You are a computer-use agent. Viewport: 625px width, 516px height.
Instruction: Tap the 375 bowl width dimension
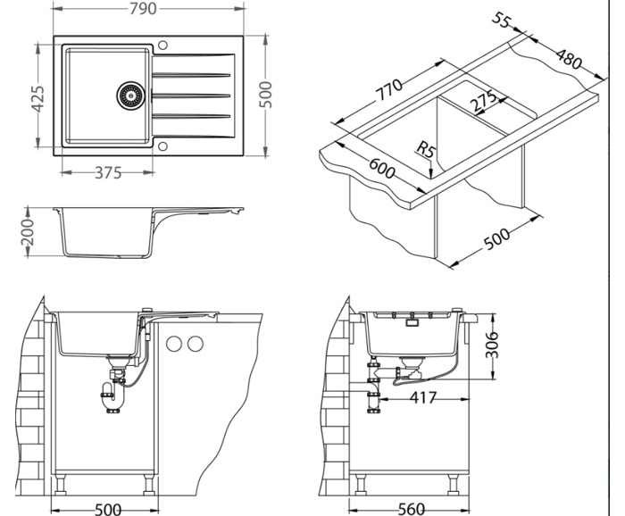[107, 173]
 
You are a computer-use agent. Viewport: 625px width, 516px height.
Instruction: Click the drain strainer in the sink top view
[129, 94]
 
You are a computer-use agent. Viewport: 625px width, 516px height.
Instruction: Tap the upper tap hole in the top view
[162, 44]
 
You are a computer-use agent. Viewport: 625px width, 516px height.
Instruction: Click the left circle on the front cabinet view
[176, 344]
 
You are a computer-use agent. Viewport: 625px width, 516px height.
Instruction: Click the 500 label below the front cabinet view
[107, 509]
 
